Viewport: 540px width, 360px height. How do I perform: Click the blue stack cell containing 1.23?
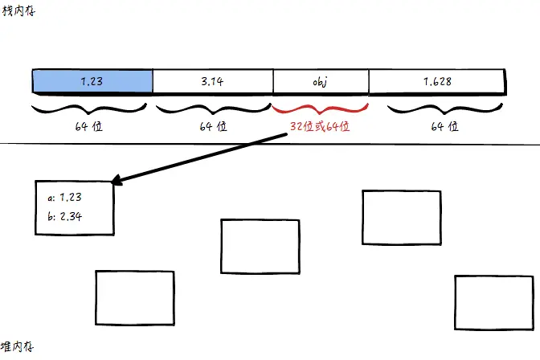(x=92, y=81)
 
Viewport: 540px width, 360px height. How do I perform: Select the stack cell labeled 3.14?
(x=212, y=81)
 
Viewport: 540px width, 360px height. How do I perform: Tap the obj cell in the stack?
(x=321, y=81)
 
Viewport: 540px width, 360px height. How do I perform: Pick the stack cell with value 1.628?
(x=436, y=81)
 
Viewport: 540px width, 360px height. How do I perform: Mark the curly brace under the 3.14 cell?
(x=211, y=108)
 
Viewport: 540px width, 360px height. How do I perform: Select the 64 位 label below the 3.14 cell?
(x=211, y=126)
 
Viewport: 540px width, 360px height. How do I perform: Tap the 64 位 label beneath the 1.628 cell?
(x=444, y=126)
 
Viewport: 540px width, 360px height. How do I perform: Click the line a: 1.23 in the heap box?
(x=65, y=196)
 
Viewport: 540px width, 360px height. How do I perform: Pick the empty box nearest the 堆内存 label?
(x=134, y=297)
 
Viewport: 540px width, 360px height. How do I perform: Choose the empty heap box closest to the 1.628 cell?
(x=401, y=217)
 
